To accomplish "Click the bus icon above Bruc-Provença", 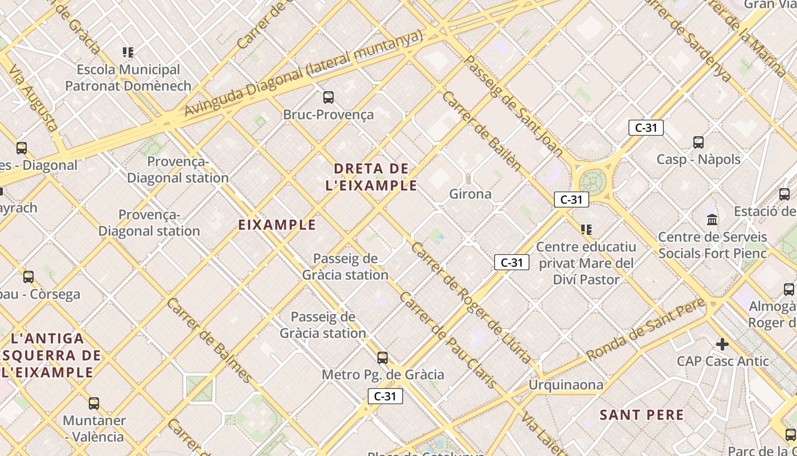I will [328, 97].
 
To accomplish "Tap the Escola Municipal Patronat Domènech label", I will [128, 78].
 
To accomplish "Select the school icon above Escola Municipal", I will [128, 52].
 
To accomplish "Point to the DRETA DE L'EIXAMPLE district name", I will [371, 177].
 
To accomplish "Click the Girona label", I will [470, 194].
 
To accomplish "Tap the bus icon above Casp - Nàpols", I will [699, 142].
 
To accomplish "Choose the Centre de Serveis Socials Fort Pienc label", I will [713, 245].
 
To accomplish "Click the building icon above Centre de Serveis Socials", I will [712, 219].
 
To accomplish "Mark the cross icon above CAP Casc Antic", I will [722, 344].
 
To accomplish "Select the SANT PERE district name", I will [642, 415].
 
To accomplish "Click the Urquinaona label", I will [566, 385].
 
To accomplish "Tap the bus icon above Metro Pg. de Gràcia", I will [383, 358].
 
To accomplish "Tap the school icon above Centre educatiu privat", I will [586, 230].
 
